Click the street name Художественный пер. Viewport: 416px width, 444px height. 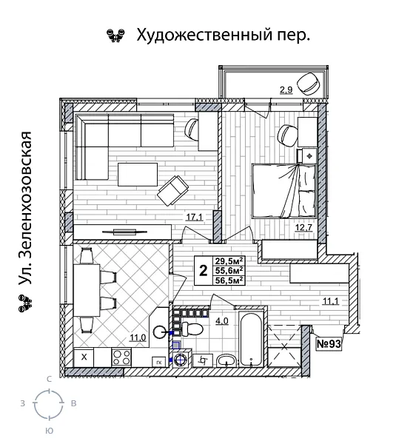220,35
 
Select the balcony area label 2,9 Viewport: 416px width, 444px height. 286,90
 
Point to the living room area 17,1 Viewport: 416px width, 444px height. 194,218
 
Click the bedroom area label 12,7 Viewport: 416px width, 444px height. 303,228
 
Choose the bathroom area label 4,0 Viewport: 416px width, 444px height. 221,321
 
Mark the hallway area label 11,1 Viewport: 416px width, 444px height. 330,300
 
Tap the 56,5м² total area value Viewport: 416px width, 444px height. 229,280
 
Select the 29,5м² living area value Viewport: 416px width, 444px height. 229,260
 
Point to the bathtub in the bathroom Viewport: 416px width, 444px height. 250,340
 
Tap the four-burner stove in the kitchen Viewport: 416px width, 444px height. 121,357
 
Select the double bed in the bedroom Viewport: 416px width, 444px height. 284,190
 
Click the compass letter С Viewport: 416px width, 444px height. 49,379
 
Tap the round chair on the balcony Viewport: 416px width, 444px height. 307,81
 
